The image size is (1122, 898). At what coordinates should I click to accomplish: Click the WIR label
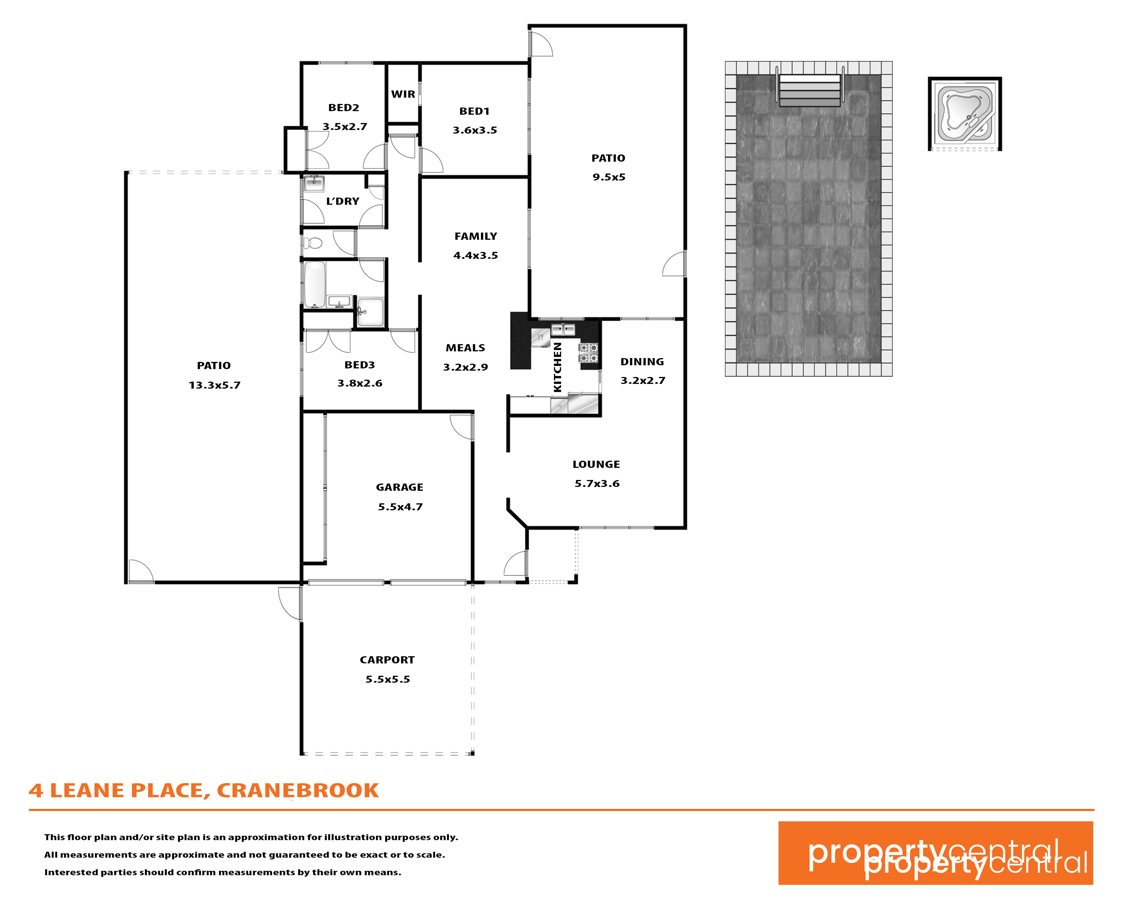[403, 94]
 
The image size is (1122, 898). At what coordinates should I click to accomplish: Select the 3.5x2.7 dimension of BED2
[345, 126]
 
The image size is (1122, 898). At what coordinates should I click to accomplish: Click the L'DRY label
[343, 201]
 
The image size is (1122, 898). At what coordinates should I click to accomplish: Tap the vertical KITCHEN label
[557, 367]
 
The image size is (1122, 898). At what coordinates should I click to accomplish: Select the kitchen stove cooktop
[589, 353]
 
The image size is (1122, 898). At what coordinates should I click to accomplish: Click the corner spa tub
[965, 114]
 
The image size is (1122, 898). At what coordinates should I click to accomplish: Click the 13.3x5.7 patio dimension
[214, 385]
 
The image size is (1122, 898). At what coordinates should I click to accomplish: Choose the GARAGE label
[400, 487]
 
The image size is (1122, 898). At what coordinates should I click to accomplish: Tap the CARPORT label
[387, 660]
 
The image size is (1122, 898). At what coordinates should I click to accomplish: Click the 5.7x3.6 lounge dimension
[597, 484]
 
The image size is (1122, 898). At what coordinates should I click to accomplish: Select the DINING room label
[642, 362]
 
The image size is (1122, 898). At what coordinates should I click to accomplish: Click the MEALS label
[465, 348]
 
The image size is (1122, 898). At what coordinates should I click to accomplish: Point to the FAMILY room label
[476, 236]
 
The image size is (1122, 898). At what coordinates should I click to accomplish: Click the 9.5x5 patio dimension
[609, 177]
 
